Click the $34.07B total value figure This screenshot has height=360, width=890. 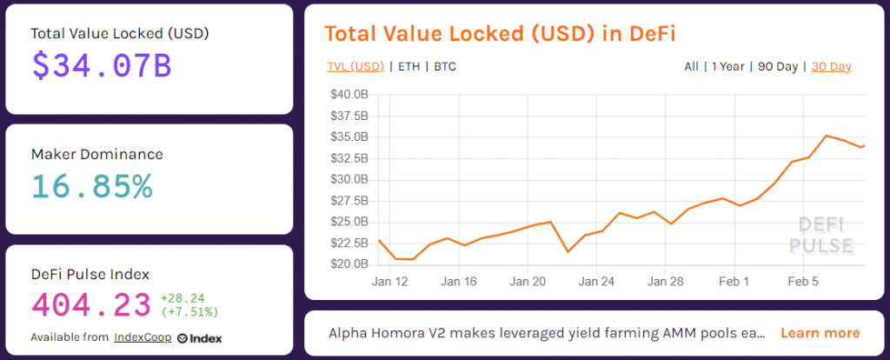tap(102, 66)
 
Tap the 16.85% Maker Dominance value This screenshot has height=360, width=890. tap(92, 186)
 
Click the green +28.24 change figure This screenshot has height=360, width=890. tap(183, 298)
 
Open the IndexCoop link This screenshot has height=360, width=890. tap(143, 337)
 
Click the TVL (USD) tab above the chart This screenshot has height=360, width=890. tap(355, 66)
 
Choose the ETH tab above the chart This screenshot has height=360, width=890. tap(408, 66)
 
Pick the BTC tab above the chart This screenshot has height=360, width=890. tap(445, 66)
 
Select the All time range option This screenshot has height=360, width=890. tap(691, 66)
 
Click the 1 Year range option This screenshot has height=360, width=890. tap(728, 66)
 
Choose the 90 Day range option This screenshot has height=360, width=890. tap(778, 66)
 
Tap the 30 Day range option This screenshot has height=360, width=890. tap(832, 66)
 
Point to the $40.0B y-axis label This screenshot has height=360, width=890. tap(349, 94)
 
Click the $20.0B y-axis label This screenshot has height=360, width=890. tap(349, 264)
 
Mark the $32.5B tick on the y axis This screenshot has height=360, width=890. tap(349, 158)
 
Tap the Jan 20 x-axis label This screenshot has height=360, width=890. tap(528, 281)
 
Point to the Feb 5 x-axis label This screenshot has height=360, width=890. tap(804, 281)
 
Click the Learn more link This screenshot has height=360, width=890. tap(820, 333)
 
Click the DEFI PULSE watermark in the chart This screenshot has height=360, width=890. tap(826, 236)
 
